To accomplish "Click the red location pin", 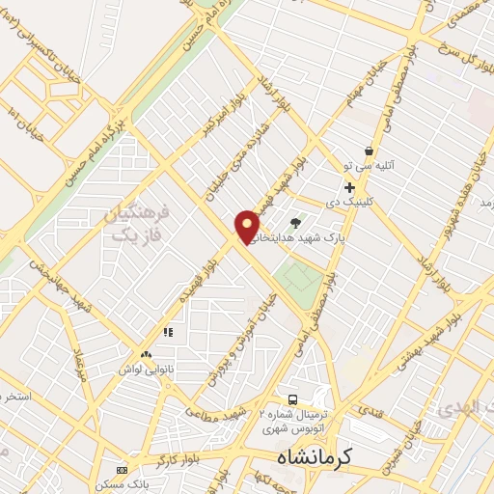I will (x=248, y=227).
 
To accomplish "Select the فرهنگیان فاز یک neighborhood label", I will (x=134, y=222).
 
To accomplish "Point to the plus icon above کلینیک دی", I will (x=350, y=186).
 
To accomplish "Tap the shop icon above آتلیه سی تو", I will (x=369, y=151).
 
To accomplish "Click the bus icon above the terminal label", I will (x=290, y=399).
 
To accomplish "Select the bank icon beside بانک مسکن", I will (x=121, y=468).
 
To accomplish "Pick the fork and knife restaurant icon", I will (x=167, y=333).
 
